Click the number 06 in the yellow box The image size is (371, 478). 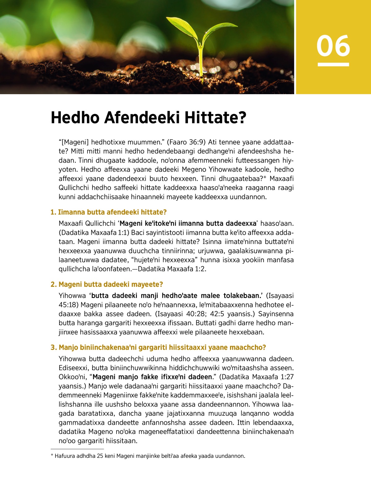(333, 46)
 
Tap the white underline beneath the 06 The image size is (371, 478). (333, 64)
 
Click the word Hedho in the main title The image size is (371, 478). (75, 118)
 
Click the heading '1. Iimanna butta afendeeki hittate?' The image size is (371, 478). (109, 212)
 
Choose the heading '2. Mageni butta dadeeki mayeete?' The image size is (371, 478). (107, 284)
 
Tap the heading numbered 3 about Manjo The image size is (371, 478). (158, 347)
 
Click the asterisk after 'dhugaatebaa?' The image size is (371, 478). (265, 178)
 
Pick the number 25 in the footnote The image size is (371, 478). (100, 456)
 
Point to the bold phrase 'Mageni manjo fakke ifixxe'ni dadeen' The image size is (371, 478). (152, 377)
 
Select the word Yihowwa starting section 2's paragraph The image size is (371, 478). (72, 296)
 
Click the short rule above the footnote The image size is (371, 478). (77, 449)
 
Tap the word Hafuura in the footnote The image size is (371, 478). (64, 456)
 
